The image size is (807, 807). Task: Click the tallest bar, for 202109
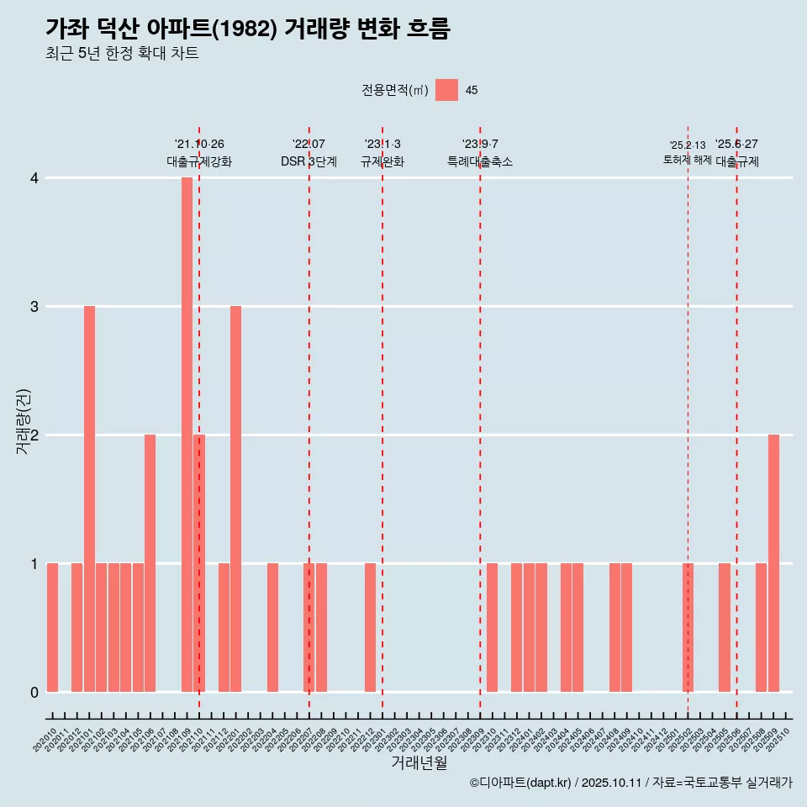[x=187, y=435]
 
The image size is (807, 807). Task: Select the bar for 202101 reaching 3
[x=89, y=498]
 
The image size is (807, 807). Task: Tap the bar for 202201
[x=235, y=498]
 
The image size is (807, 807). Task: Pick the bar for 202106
[x=150, y=563]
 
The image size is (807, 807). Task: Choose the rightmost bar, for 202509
[x=773, y=563]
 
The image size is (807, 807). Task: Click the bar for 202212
[x=370, y=627]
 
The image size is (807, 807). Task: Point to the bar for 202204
[x=272, y=627]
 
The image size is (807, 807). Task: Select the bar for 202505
[x=725, y=627]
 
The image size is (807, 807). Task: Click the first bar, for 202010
[x=52, y=627]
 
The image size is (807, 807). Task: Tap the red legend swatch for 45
[x=446, y=90]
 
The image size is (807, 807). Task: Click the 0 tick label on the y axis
[x=34, y=692]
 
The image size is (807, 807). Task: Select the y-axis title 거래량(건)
[x=24, y=420]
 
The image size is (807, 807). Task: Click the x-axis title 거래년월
[x=419, y=762]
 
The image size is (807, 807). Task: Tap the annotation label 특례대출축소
[x=479, y=161]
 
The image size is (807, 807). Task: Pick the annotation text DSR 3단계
[x=309, y=161]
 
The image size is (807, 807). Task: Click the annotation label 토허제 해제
[x=687, y=160]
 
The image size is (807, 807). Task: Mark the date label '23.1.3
[x=382, y=145]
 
